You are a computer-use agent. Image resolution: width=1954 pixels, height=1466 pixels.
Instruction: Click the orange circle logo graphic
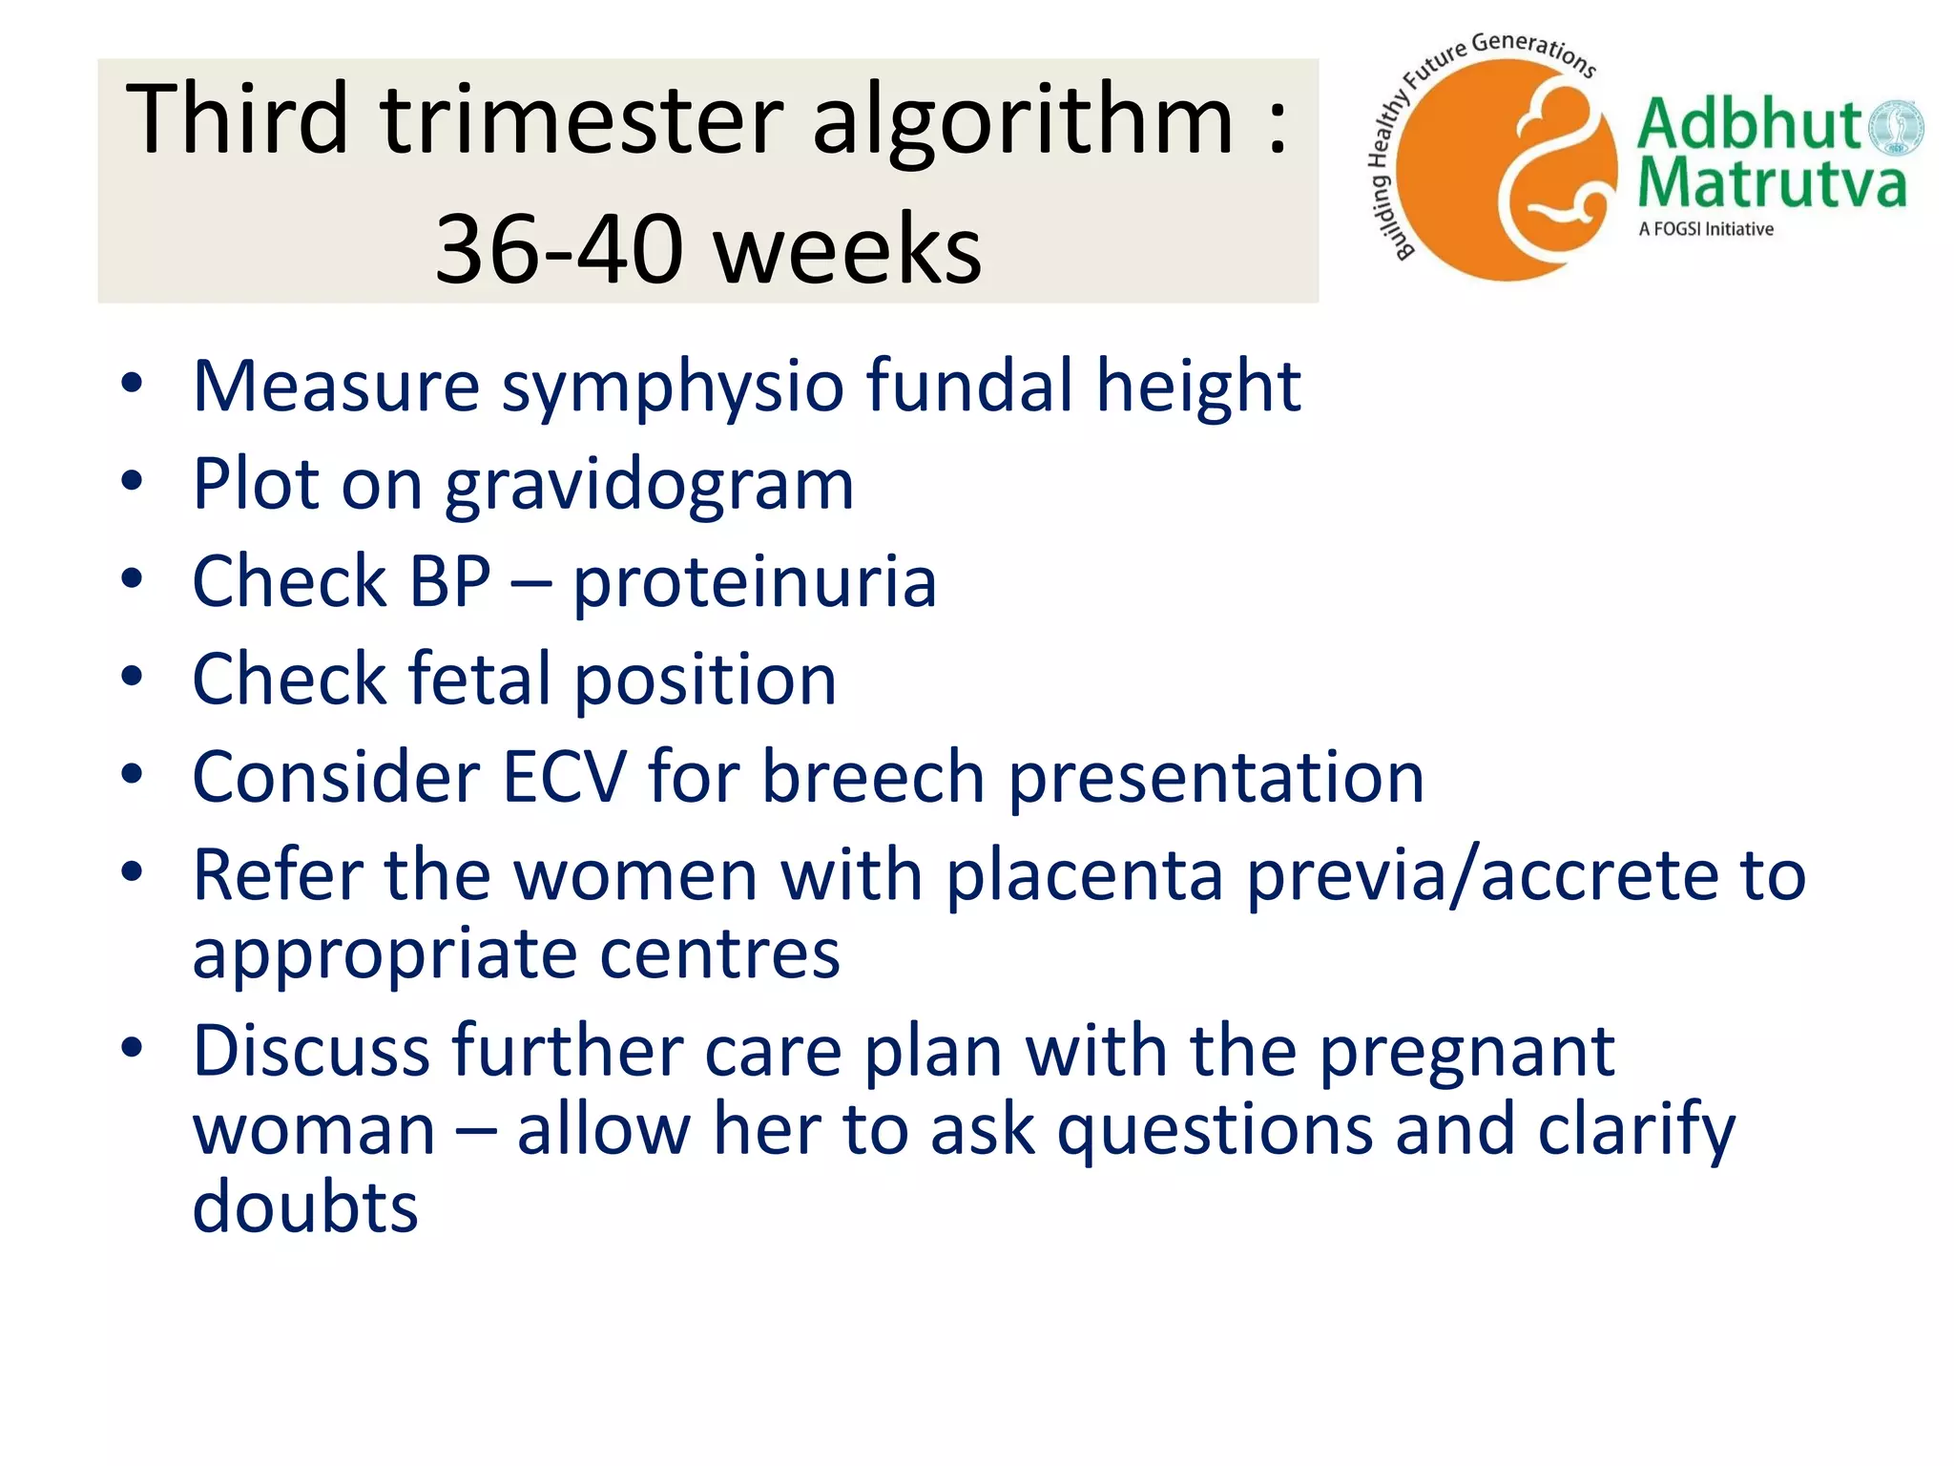(x=1511, y=170)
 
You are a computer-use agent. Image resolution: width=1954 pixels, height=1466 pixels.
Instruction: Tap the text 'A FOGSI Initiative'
(x=1706, y=229)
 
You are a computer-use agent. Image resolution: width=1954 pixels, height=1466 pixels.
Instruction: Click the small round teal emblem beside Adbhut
(x=1895, y=128)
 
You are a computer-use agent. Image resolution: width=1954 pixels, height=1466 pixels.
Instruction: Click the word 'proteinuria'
(x=755, y=583)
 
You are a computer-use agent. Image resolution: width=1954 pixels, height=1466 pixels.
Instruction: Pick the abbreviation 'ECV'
(x=565, y=777)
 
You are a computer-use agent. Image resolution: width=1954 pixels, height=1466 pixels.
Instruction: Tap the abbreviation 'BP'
(x=450, y=581)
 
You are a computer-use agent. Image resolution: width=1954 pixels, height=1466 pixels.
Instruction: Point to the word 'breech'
(x=873, y=777)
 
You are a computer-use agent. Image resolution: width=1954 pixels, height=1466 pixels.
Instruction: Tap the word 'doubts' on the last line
(x=305, y=1206)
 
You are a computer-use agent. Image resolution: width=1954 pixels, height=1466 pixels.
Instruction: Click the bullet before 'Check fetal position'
(x=132, y=677)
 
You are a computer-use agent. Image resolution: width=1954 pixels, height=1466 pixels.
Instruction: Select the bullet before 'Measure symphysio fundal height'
(x=132, y=384)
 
